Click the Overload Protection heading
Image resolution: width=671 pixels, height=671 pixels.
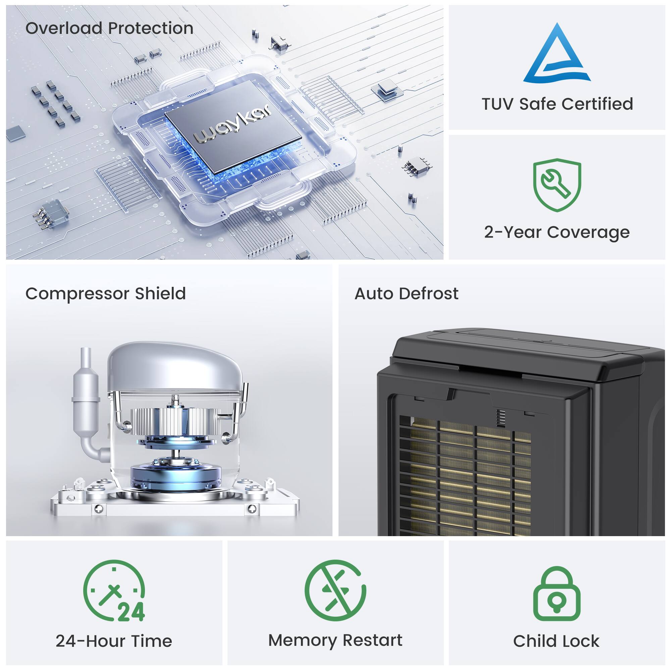109,28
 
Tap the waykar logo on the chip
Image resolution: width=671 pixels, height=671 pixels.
233,124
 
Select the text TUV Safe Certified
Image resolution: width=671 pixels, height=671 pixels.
557,104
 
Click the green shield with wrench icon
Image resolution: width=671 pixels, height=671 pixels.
557,185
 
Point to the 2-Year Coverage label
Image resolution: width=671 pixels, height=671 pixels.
557,233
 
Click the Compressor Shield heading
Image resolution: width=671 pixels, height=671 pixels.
106,294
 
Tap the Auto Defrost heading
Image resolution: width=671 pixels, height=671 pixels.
406,294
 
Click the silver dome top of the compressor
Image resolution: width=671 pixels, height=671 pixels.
175,367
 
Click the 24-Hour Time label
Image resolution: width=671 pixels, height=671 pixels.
114,641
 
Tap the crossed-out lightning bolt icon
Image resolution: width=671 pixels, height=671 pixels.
335,590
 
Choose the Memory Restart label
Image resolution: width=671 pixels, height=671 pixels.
335,640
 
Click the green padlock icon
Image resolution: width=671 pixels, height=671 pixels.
557,593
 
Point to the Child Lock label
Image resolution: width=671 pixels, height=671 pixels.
556,641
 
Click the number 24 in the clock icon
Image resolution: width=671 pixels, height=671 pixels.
131,612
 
